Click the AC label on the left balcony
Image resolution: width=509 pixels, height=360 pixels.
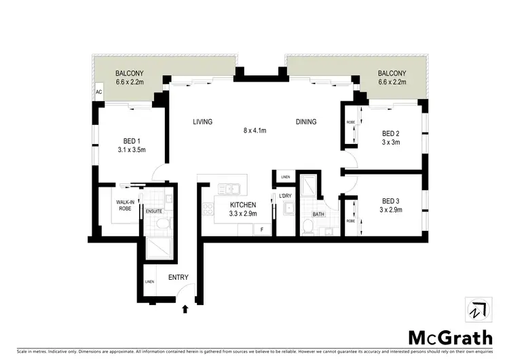click(x=99, y=91)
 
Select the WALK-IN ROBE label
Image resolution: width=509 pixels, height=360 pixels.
click(x=124, y=205)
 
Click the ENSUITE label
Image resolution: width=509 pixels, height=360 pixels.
click(x=154, y=211)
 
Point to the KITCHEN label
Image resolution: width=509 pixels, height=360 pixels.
click(x=243, y=204)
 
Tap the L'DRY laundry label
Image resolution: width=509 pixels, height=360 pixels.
click(x=286, y=196)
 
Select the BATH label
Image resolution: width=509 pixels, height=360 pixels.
click(x=318, y=215)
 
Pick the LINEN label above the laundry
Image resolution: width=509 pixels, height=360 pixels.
click(x=285, y=177)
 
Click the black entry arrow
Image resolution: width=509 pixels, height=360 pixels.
click(x=186, y=309)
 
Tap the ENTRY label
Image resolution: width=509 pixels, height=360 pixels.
click(x=178, y=277)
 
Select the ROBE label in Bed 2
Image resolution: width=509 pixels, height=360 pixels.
click(x=351, y=122)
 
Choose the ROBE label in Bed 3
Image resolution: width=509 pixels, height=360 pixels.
click(x=351, y=220)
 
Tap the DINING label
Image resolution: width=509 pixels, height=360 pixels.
click(x=306, y=122)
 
